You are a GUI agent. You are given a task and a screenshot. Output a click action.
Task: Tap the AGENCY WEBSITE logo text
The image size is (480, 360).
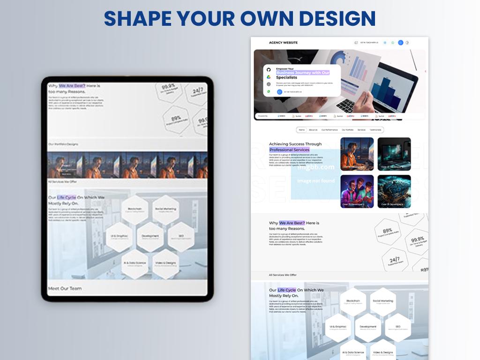pos(283,43)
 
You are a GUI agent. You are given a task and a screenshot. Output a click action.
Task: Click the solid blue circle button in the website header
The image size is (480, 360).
pos(400,43)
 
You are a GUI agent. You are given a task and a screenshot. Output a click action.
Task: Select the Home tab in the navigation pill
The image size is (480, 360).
pos(302,130)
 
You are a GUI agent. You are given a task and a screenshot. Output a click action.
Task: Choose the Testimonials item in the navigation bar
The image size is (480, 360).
pos(375,130)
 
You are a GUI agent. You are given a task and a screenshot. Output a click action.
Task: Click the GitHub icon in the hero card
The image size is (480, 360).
pos(269,69)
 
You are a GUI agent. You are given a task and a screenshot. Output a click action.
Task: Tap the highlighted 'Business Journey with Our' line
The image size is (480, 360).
pos(303,73)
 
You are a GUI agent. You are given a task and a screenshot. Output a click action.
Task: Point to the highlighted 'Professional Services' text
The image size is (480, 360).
pos(289,150)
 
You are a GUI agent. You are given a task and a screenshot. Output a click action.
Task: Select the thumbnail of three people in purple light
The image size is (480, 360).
pos(357,191)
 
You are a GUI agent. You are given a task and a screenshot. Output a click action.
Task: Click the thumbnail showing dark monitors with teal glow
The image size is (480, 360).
pos(394,154)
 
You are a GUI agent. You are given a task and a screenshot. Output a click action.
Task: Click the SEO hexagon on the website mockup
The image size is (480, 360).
pos(397,327)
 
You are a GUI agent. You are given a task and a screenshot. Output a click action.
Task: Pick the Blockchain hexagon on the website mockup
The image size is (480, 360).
pos(353,302)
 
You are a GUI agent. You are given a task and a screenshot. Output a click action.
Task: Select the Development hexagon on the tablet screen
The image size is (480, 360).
pos(150,237)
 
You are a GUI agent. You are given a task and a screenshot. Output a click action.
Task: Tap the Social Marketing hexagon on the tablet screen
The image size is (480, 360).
pos(165,210)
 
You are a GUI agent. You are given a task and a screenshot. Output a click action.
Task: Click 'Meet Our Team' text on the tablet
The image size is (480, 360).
pos(65,288)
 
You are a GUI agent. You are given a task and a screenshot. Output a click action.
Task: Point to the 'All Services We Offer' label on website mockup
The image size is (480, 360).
pos(283,275)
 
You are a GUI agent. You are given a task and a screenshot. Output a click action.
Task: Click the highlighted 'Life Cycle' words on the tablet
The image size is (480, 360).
pos(66,197)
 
